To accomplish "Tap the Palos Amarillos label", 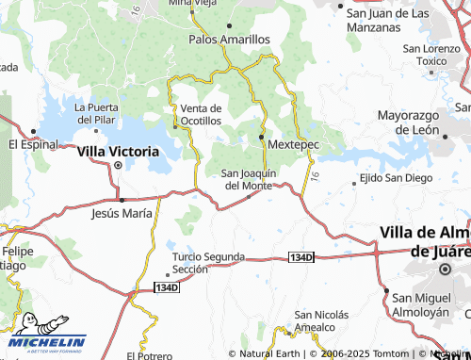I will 229,40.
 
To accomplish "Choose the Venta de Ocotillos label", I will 201,114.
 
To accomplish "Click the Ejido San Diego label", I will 396,178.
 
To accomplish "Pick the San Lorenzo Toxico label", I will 431,55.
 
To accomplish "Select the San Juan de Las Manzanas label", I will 388,21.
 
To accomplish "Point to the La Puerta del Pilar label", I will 97,113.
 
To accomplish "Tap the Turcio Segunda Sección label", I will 208,262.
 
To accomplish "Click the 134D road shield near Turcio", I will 165,286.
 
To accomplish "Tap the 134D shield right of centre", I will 300,256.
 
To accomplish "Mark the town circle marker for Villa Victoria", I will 118,165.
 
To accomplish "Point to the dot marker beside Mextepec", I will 261,138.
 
